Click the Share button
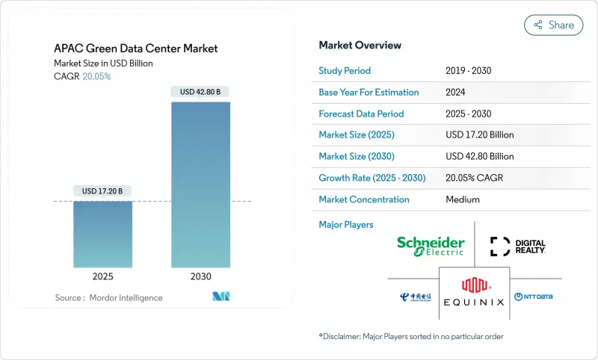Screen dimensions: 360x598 (554, 25)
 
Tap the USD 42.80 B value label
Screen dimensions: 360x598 (201, 92)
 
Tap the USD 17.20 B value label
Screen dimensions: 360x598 (103, 191)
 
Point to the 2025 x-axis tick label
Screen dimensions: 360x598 (103, 276)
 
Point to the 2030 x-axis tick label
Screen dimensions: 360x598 (201, 276)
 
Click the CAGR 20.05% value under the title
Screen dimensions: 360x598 (96, 76)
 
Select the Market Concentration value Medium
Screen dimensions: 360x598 (462, 199)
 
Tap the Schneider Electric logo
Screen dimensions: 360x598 (431, 246)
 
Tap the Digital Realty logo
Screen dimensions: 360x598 (518, 246)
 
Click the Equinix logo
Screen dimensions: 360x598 (474, 292)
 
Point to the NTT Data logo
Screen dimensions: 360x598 (533, 297)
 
